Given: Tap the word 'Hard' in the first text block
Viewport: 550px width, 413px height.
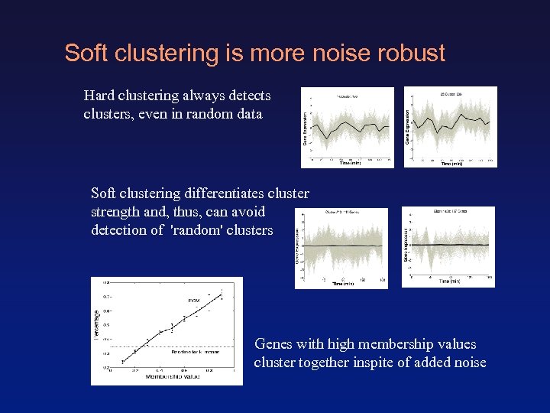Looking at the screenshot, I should (100, 96).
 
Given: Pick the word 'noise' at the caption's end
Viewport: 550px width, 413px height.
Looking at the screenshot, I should (468, 363).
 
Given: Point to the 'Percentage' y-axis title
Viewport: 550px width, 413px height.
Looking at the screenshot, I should (96, 324).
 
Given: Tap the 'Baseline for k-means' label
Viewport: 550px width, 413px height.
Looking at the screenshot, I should (195, 352).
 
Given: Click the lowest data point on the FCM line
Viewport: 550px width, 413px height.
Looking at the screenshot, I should (125, 359).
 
